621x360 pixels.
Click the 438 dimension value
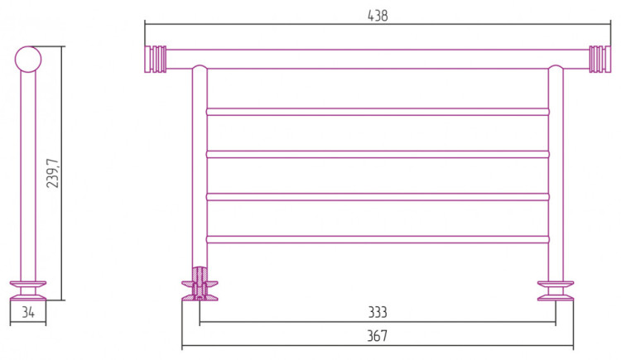pyautogui.click(x=378, y=16)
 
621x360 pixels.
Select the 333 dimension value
pyautogui.click(x=378, y=313)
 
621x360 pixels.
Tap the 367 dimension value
pyautogui.click(x=377, y=336)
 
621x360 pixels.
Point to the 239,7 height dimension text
pyautogui.click(x=53, y=173)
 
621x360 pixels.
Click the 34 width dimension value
pyautogui.click(x=28, y=313)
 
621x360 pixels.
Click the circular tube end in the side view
pyautogui.click(x=28, y=60)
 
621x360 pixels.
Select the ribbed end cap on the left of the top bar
pyautogui.click(x=156, y=60)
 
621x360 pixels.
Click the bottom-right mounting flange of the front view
pyautogui.click(x=556, y=290)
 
